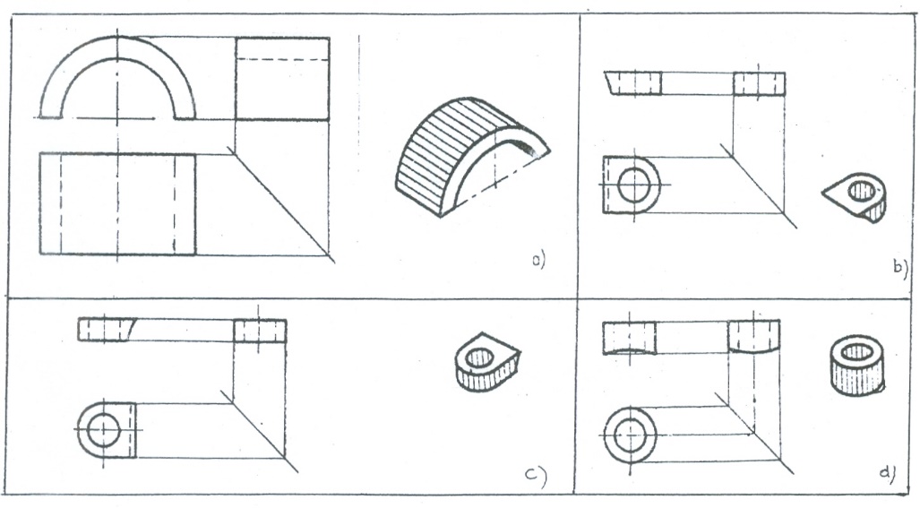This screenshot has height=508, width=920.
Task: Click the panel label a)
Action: pos(538,260)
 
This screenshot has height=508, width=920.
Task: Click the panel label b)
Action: pos(900,268)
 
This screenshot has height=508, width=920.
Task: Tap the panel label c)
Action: pos(536,477)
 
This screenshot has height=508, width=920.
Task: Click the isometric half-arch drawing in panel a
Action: pos(472,157)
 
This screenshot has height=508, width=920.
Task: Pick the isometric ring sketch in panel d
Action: pos(857,366)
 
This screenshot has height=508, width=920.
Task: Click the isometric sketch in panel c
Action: pos(488,362)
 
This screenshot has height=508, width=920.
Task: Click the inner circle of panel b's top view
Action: pos(634,185)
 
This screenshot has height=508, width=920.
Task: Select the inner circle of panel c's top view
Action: pos(103,430)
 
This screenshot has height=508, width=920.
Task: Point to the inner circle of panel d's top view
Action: pos(630,435)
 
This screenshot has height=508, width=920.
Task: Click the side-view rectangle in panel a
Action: pos(282,79)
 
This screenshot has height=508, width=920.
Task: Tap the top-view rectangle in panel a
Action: pos(117,203)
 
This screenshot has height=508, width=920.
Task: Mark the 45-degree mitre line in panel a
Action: pos(284,206)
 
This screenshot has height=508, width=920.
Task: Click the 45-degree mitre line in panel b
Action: pos(761,188)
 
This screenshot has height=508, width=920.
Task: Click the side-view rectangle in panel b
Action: pos(760,84)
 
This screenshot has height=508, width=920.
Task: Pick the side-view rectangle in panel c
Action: pos(260,331)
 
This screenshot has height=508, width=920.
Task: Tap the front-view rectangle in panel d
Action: pos(630,338)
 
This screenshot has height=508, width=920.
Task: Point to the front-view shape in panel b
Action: pos(633,83)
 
